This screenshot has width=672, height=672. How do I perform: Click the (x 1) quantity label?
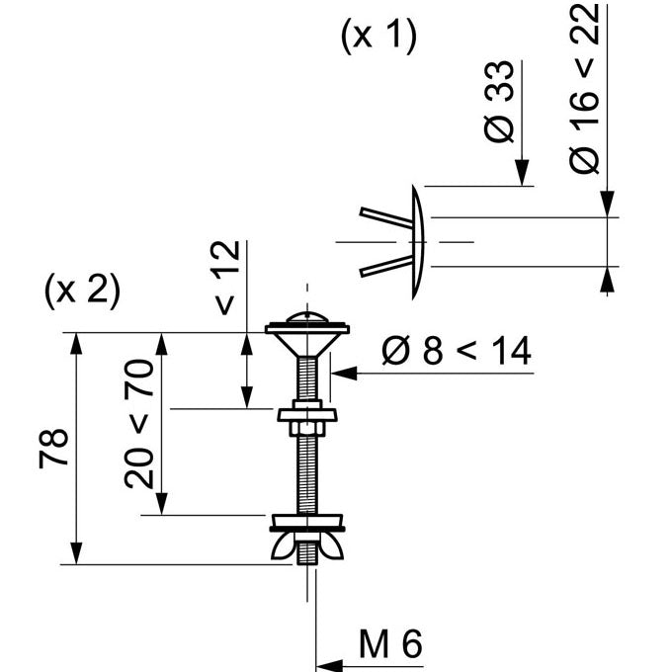[x=378, y=37]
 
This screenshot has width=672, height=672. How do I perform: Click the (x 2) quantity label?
[x=82, y=291]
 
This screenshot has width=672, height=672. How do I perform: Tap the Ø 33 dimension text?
[x=501, y=102]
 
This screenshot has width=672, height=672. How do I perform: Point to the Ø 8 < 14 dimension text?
[x=456, y=351]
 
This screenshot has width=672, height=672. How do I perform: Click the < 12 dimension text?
[x=227, y=278]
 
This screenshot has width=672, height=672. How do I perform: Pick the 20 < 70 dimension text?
[x=140, y=424]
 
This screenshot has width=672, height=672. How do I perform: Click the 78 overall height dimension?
[x=54, y=449]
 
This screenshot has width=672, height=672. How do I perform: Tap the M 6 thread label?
[x=390, y=645]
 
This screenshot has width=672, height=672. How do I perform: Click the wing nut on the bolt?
[x=307, y=547]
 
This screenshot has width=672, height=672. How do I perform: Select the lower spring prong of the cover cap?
[x=384, y=265]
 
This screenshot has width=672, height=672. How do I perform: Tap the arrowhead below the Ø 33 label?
[x=522, y=175]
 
